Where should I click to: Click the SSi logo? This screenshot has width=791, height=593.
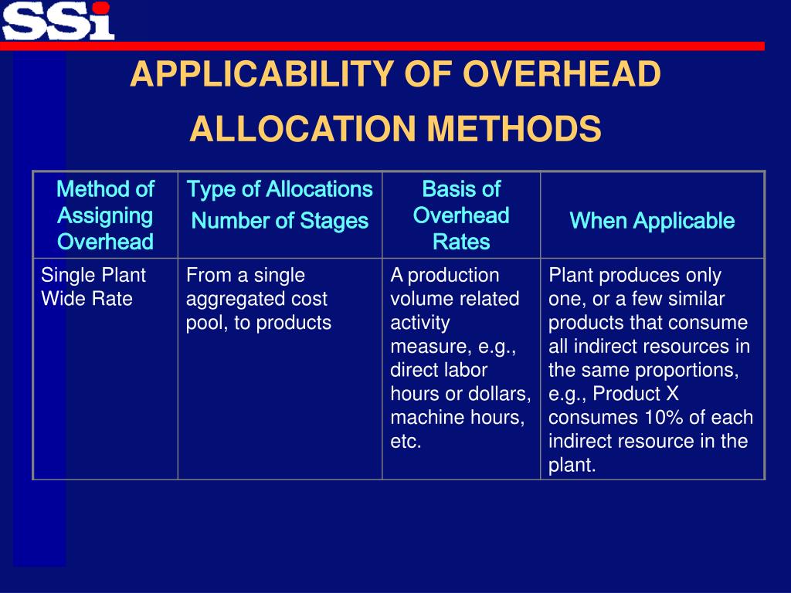click(58, 20)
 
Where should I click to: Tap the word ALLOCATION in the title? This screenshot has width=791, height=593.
click(301, 128)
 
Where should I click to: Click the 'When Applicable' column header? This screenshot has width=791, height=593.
click(652, 221)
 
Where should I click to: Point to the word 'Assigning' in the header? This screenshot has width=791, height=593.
click(105, 215)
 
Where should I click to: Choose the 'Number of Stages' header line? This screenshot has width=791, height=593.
click(280, 221)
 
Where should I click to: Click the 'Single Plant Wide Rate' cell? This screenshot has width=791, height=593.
click(93, 286)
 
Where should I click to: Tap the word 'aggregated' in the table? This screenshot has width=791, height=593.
click(233, 299)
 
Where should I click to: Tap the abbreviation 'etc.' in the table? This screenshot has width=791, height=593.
click(406, 442)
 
